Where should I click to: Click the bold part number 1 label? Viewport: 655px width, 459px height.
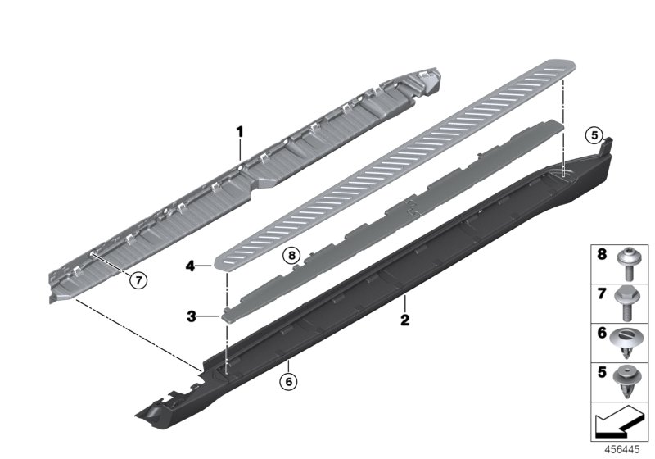pos(240,130)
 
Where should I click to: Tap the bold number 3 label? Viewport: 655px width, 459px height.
pos(190,315)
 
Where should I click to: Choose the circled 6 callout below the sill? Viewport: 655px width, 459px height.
pos(287,380)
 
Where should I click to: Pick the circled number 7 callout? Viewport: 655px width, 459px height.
pos(139,279)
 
